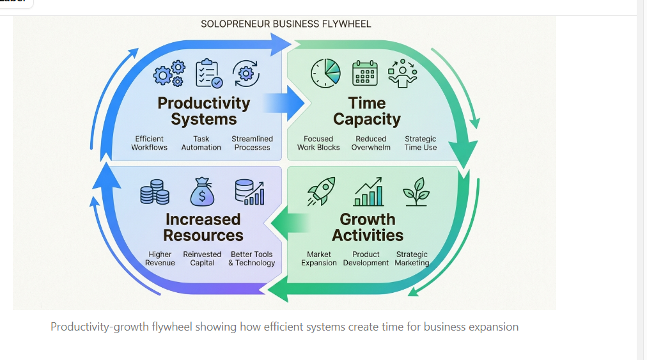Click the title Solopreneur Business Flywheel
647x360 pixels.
coord(286,24)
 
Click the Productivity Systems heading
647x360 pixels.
coord(203,111)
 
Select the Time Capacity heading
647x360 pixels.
coord(367,111)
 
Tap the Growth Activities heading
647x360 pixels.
coord(368,227)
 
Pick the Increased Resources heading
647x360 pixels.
coord(203,227)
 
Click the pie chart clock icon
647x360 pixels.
coord(326,73)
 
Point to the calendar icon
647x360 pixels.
coord(365,73)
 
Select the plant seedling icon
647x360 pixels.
coord(416,191)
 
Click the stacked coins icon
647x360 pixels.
coord(155,192)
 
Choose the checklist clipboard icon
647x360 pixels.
coord(208,73)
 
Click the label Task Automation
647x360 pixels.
coord(201,143)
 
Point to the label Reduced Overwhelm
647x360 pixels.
coord(371,143)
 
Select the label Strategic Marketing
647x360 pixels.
coord(412,258)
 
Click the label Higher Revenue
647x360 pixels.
coord(160,258)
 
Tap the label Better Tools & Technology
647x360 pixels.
coord(252,258)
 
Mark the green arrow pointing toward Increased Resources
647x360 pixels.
coord(287,223)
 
